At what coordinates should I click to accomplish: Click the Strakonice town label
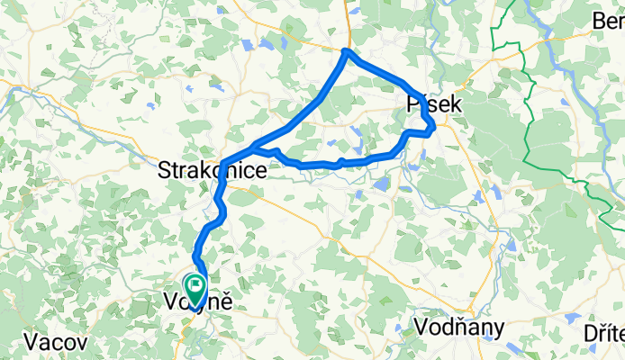pos(212,170)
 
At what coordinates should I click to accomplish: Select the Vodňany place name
pos(459,325)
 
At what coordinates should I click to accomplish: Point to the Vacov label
pos(56,342)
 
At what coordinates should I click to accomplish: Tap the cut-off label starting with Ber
pos(608,21)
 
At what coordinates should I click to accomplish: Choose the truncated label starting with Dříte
pos(602,334)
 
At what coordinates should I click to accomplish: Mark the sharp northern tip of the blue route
pos(347,51)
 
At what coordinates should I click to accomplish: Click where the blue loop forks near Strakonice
pos(254,148)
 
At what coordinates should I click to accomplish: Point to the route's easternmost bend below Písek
pos(434,126)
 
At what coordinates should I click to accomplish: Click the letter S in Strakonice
pos(164,170)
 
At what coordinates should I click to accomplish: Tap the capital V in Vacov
pos(32,342)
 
